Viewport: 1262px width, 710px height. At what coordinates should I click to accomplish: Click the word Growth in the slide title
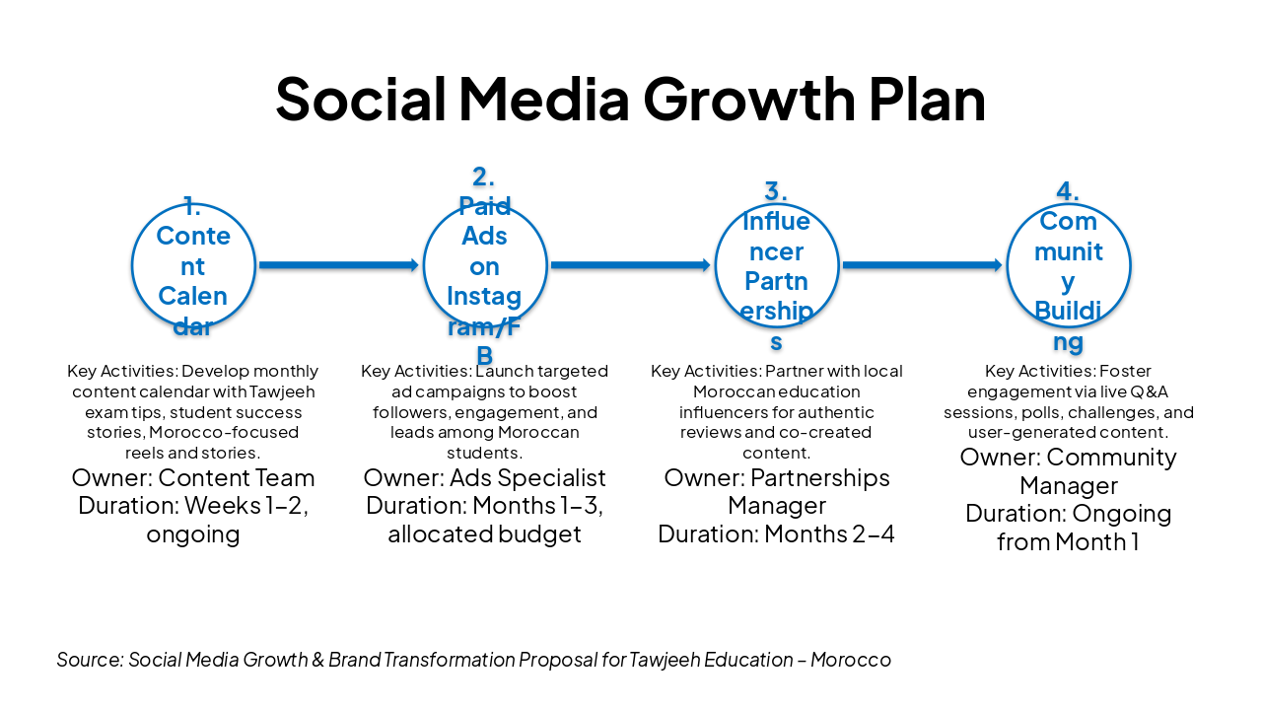[x=749, y=100]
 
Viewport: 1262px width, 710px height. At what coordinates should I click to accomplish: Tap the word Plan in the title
[x=928, y=100]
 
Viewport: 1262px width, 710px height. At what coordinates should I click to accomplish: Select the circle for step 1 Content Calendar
[x=133, y=265]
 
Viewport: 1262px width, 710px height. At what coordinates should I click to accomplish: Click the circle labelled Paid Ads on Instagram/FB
[x=424, y=265]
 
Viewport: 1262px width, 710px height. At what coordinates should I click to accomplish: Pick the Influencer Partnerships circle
[x=716, y=265]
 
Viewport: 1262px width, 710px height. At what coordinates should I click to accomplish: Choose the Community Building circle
[x=1008, y=265]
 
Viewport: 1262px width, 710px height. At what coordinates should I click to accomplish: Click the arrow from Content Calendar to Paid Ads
[x=339, y=265]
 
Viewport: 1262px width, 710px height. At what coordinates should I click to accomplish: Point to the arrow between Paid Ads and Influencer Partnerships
[x=631, y=265]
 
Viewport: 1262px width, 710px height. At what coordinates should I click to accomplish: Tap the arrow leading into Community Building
[x=923, y=265]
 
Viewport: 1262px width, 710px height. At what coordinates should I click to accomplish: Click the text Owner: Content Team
[x=193, y=478]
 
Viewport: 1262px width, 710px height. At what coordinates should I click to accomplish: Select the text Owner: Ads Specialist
[x=484, y=478]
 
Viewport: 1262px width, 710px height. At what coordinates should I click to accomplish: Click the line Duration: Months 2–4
[x=776, y=534]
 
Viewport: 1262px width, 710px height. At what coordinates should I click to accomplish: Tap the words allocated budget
[x=484, y=534]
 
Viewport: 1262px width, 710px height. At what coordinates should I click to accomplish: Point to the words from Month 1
[x=1068, y=542]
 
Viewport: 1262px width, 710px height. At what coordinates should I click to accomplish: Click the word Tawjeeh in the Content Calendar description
[x=282, y=391]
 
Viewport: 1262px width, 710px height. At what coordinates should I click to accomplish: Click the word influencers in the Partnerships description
[x=721, y=412]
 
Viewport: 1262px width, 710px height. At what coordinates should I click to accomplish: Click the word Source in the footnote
[x=90, y=660]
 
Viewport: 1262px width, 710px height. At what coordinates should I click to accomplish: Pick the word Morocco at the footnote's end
[x=851, y=660]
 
